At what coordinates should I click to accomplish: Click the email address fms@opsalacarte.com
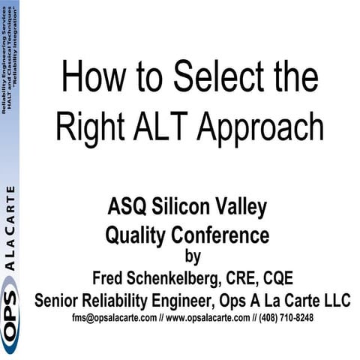coord(114,318)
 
